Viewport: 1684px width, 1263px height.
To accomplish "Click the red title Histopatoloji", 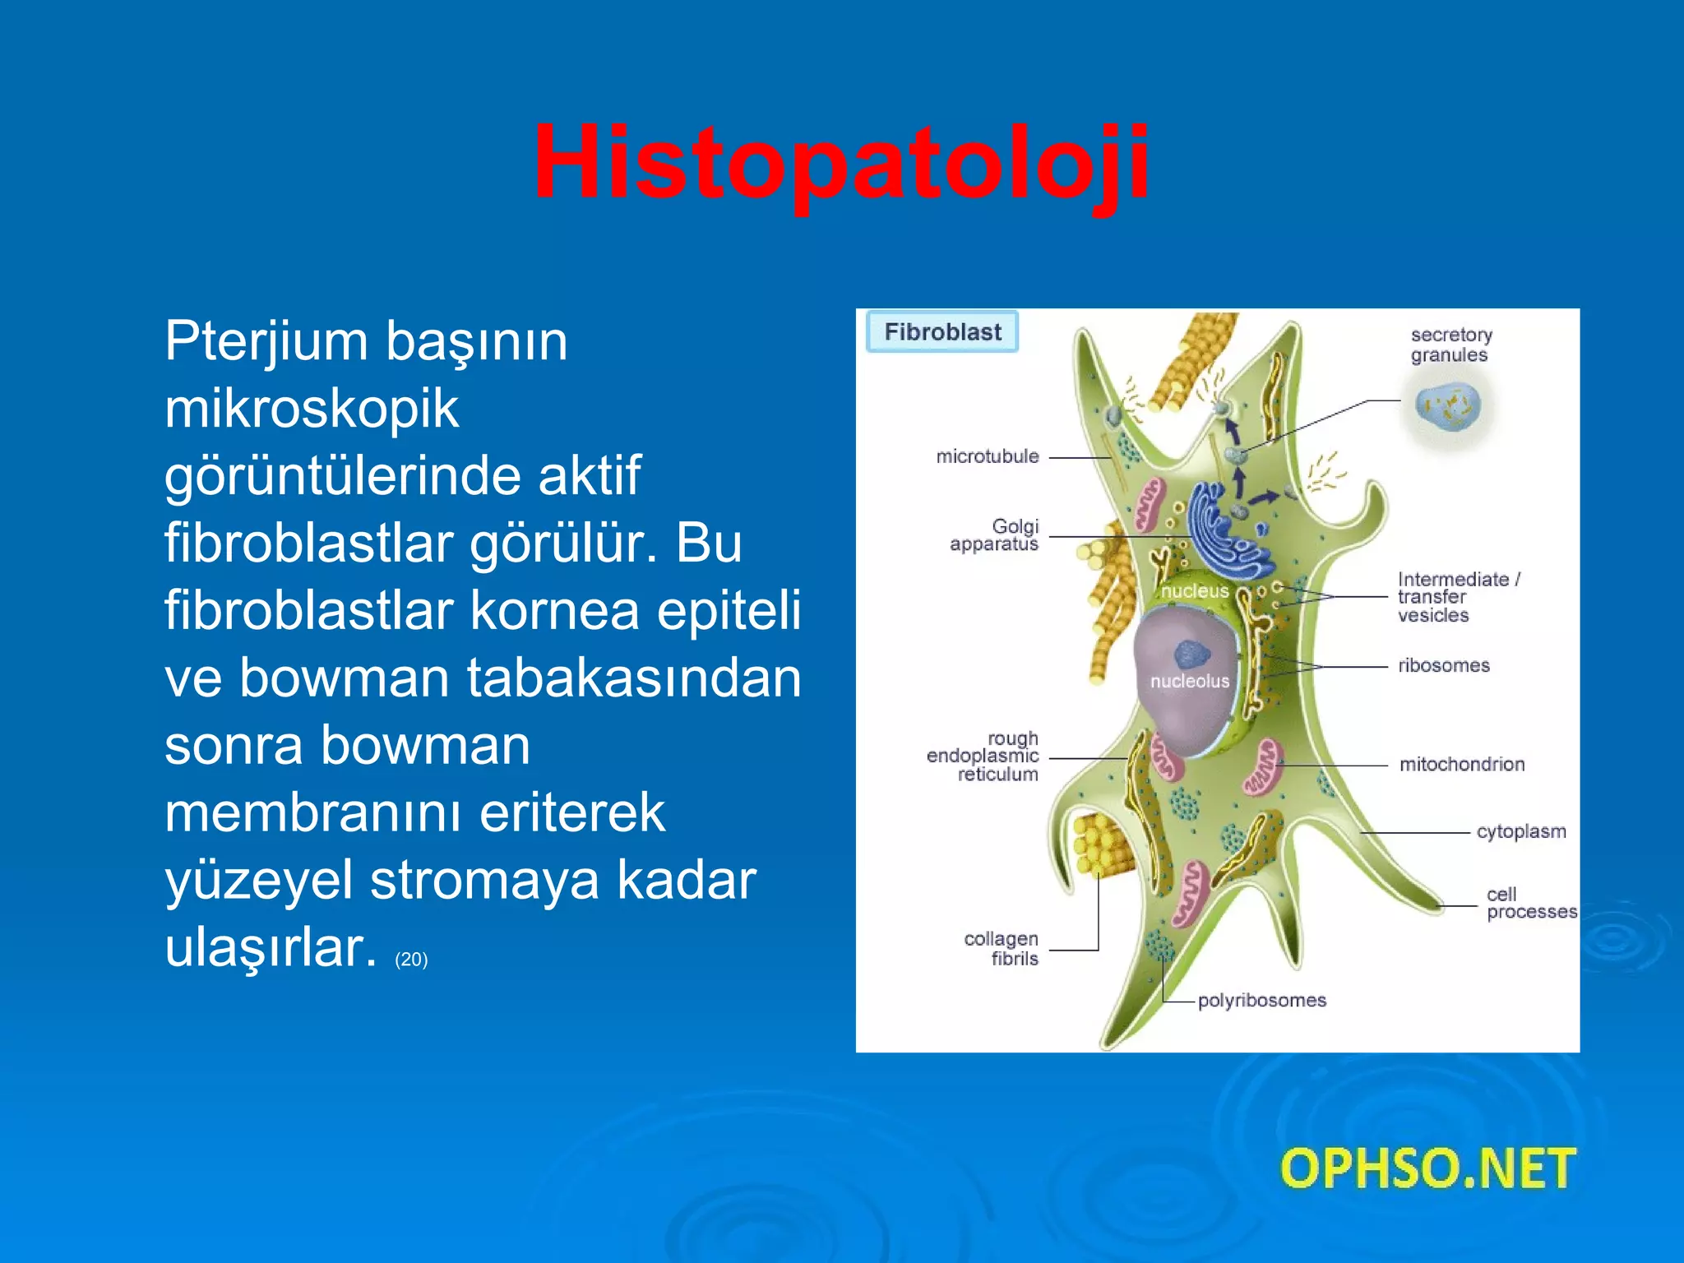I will coord(840,162).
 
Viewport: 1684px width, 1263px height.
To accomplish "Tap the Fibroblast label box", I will coord(942,331).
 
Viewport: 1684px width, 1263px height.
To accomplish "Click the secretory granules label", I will coord(1450,345).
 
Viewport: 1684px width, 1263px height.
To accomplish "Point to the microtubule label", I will coord(987,456).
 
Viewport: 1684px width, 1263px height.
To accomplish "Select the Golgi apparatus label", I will coord(995,534).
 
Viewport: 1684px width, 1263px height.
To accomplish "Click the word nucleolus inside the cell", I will coord(1189,681).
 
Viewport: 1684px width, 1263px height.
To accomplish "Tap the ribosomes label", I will coord(1443,665).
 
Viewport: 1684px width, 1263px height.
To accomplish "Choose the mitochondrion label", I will coord(1461,764).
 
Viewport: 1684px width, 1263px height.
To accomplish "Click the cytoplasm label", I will coord(1520,831).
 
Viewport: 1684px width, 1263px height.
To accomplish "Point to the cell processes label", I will coord(1530,903).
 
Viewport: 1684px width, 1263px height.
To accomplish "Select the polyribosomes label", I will coord(1261,1001).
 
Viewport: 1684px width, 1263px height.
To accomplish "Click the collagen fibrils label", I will coord(1001,948).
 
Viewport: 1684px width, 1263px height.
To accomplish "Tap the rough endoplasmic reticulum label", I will coord(983,756).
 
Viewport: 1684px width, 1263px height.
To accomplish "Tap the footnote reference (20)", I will coord(411,960).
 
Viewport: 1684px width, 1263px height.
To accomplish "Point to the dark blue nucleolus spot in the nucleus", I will coord(1191,655).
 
